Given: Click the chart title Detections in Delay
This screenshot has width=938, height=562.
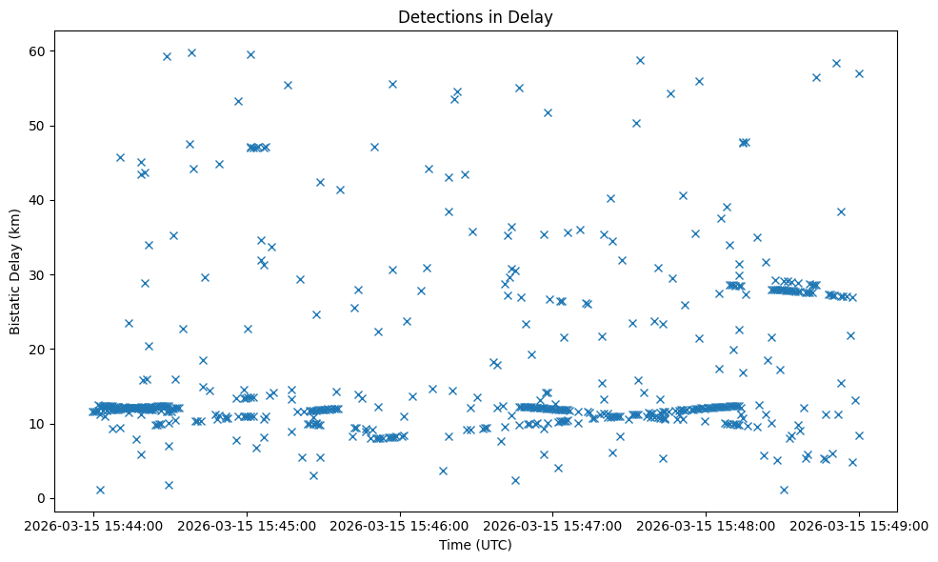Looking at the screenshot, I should tap(475, 17).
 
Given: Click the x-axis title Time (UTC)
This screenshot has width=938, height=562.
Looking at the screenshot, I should tap(475, 545).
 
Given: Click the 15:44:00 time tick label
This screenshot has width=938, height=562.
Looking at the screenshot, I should tap(93, 525).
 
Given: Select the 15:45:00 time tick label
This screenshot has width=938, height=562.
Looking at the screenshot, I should tap(246, 525).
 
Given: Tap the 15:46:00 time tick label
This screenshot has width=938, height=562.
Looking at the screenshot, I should tap(399, 525).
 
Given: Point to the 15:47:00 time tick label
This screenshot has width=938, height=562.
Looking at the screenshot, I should tap(552, 525).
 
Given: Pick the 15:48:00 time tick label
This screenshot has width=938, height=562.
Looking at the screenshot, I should tap(706, 525).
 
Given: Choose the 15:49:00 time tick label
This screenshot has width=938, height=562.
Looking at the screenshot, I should tap(858, 525).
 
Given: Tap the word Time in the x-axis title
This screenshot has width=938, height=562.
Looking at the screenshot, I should tap(453, 545).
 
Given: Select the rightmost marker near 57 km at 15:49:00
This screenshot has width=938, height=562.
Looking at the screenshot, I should tap(859, 73).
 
